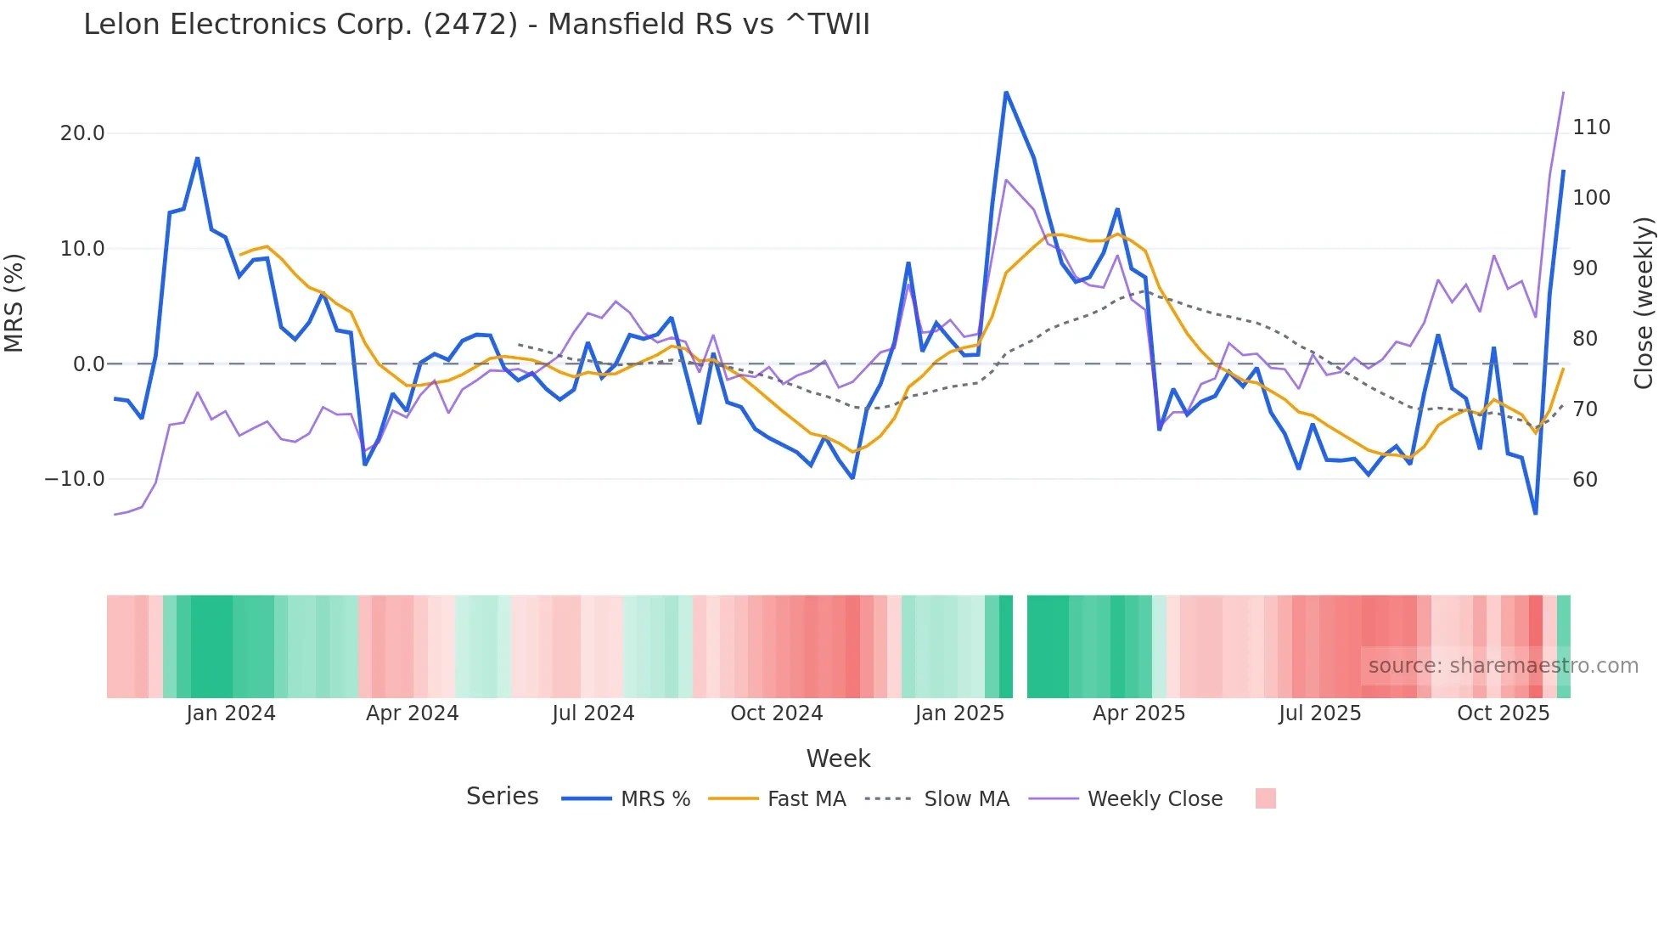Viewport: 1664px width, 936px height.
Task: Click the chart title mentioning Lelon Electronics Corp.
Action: (x=476, y=25)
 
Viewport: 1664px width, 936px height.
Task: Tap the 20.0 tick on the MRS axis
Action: (x=82, y=133)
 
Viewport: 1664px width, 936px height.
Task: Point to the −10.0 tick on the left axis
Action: (x=75, y=479)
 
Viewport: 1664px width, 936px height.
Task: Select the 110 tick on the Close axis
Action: (x=1591, y=127)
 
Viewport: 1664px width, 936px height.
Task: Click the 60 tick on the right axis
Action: (x=1585, y=479)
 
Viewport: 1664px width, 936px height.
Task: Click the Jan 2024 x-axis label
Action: (x=231, y=713)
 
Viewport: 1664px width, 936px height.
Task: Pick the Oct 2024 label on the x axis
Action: (x=776, y=713)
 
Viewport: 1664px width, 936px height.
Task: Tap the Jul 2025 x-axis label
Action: (x=1319, y=713)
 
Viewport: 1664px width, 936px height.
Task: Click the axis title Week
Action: (x=838, y=758)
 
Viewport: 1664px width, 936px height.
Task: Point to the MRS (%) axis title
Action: (x=14, y=302)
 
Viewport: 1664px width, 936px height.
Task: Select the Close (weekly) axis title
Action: (x=1644, y=302)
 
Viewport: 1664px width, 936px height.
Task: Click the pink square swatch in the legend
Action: (x=1265, y=798)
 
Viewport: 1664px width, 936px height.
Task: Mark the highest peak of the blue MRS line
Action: (x=1006, y=93)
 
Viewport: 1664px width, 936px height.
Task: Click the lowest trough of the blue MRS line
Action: (x=1535, y=513)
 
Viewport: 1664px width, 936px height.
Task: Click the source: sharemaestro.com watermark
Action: (x=1503, y=666)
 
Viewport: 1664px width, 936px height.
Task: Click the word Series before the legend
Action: (x=502, y=797)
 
